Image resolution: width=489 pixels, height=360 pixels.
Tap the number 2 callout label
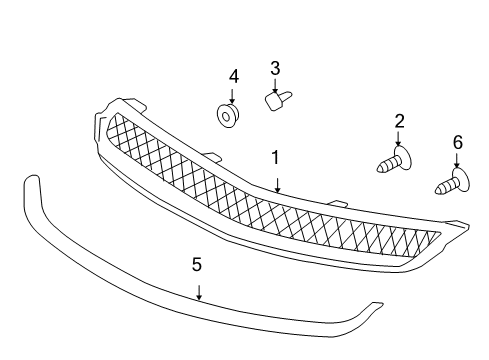(x=399, y=122)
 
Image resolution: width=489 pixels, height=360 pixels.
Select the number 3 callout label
(x=274, y=68)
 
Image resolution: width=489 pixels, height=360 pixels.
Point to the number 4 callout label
(x=233, y=76)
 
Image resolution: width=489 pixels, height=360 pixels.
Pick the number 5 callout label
(x=197, y=264)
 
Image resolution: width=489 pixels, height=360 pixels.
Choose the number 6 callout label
(x=457, y=143)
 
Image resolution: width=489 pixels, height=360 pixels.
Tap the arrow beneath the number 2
(x=399, y=140)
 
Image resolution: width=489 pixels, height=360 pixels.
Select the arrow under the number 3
(x=274, y=86)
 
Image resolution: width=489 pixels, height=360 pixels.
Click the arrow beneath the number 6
(x=457, y=162)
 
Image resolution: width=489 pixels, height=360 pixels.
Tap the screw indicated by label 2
(x=391, y=161)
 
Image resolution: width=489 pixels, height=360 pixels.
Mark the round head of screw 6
(x=459, y=180)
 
